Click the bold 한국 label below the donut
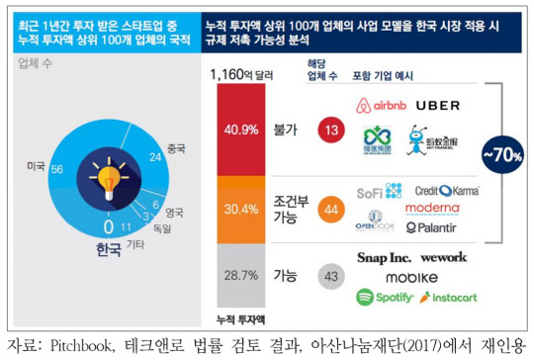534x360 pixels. click(90, 225)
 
